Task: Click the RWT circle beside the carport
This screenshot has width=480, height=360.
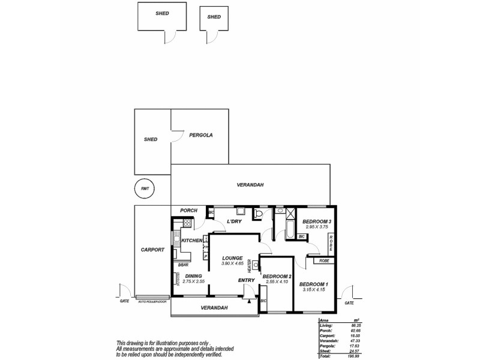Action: (144, 188)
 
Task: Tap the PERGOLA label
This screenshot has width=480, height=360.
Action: (201, 135)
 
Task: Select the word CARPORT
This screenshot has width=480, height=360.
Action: (152, 250)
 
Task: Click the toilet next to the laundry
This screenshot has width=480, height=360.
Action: (259, 214)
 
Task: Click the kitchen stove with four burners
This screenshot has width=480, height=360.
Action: (187, 223)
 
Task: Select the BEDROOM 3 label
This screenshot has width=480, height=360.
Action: (317, 221)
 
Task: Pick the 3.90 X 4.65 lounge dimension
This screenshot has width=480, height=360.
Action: (232, 264)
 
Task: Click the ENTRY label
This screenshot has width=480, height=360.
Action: (246, 280)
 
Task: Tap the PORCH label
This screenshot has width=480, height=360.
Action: (188, 211)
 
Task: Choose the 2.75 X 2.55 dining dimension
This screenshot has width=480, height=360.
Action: (193, 281)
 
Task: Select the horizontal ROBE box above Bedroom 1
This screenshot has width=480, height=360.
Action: (323, 261)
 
